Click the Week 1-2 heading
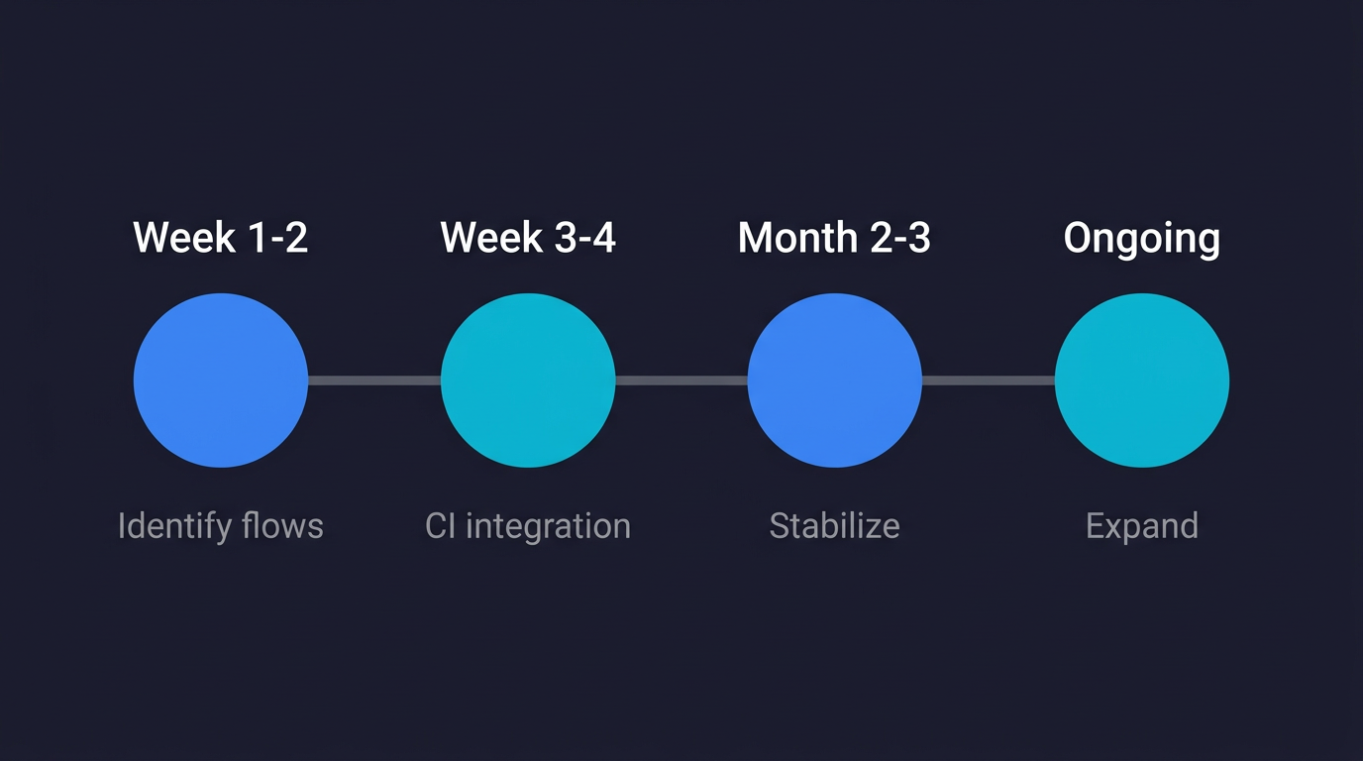220,238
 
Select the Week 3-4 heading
528,238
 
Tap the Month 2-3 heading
834,238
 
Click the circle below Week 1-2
220,380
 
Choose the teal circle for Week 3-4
528,380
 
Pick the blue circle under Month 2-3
834,380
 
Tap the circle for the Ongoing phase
1141,380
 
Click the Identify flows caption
220,526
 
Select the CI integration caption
528,526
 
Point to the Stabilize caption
834,526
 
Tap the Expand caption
1141,526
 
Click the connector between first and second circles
374,380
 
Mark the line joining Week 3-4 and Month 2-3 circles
681,380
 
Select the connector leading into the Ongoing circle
989,380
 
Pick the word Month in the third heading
797,238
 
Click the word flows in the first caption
283,526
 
